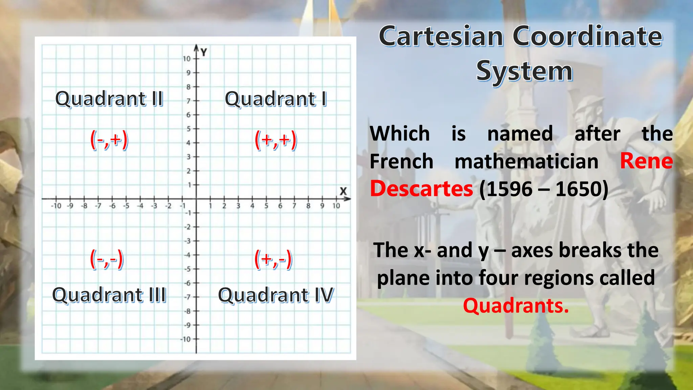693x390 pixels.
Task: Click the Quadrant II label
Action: coord(109,99)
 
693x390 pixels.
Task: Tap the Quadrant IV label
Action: coord(276,295)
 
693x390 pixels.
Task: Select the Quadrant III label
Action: coord(109,295)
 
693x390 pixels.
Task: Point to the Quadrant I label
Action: coord(276,99)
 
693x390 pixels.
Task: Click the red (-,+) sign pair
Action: coord(109,140)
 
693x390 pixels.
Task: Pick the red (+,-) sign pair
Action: coord(273,260)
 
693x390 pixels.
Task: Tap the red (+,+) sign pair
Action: coord(275,140)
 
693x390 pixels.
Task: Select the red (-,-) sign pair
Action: coord(107,260)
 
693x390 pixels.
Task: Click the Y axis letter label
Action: coord(203,52)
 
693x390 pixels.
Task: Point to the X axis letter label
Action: coord(343,191)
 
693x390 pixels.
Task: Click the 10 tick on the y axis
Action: coord(187,59)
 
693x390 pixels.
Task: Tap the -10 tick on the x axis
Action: coord(56,206)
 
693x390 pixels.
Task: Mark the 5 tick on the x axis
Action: coord(266,206)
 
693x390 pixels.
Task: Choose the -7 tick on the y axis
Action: coord(187,297)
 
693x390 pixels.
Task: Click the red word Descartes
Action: coord(421,189)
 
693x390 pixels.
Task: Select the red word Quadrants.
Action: coord(516,306)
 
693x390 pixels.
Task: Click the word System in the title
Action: coord(524,71)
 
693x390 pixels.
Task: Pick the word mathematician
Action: coord(526,161)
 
